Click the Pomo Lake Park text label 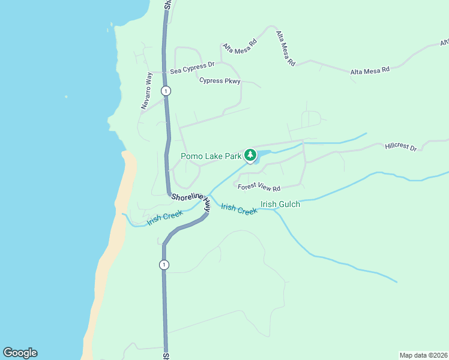[x=211, y=157]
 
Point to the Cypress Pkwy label [x=220, y=81]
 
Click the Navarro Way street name [x=148, y=91]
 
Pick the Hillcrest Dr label [x=400, y=146]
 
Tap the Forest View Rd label [x=259, y=188]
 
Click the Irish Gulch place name [x=280, y=204]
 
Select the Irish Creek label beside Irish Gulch [x=239, y=209]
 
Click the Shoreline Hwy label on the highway [x=191, y=200]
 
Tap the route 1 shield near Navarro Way [x=166, y=91]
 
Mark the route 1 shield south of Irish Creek [x=164, y=265]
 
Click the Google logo [x=20, y=353]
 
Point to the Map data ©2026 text [x=423, y=355]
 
